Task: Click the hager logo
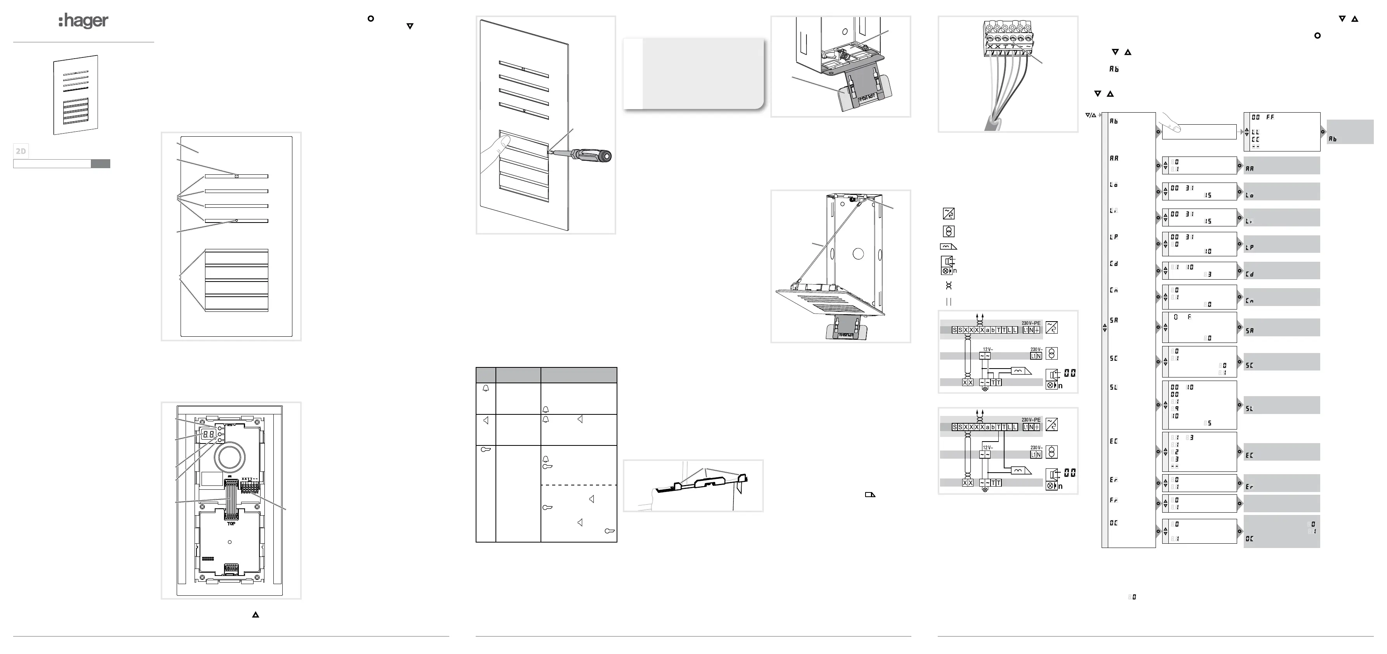tap(83, 21)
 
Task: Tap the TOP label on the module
tap(231, 524)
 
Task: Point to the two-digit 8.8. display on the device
tap(209, 434)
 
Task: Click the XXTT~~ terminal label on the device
tap(250, 479)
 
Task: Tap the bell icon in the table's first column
tap(486, 388)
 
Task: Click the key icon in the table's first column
tap(485, 449)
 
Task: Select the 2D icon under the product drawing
tap(21, 151)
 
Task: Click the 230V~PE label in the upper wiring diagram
tap(1031, 323)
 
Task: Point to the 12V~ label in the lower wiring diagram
tap(987, 448)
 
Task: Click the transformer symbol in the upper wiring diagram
tap(1051, 353)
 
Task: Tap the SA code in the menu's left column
tap(1114, 320)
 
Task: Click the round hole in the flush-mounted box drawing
tap(858, 254)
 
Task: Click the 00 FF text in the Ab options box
tap(1263, 117)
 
